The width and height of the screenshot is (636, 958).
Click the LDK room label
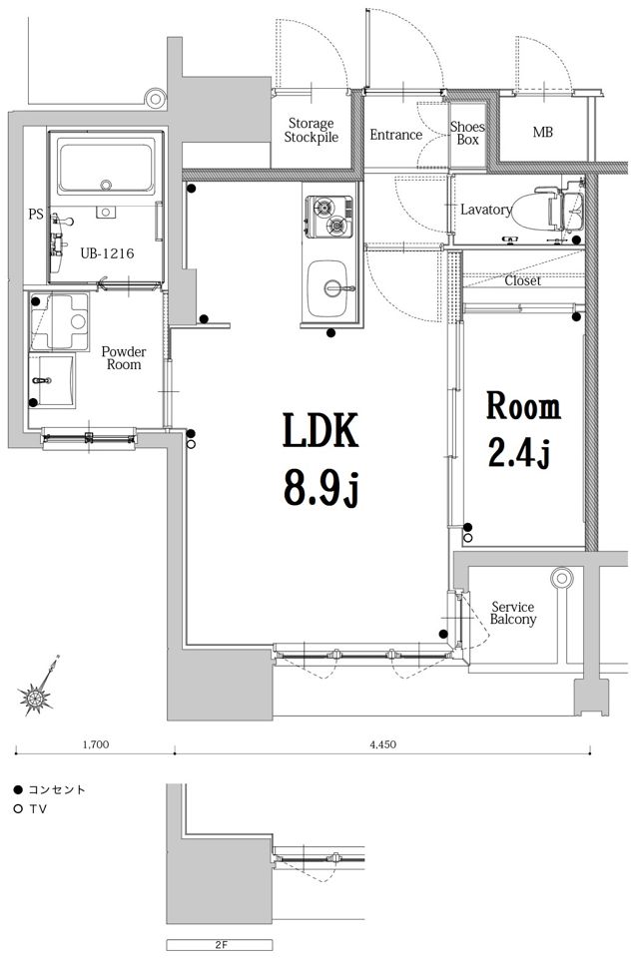[x=319, y=430]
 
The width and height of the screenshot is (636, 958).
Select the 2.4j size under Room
[x=520, y=453]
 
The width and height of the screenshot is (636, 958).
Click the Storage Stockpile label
[x=311, y=131]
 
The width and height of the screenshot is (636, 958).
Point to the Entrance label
[x=395, y=135]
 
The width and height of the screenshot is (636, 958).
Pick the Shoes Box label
[x=467, y=133]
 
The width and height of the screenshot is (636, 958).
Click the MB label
[x=542, y=132]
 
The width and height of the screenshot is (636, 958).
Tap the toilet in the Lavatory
[x=537, y=209]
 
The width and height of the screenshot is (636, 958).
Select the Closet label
[x=522, y=281]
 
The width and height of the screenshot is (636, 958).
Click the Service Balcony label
[x=513, y=613]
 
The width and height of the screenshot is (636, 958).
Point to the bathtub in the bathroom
[x=106, y=165]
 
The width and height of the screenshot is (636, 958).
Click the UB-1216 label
[x=107, y=252]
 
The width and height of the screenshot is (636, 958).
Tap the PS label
[x=36, y=214]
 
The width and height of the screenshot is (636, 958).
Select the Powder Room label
[x=124, y=358]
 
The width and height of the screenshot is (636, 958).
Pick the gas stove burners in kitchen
[x=329, y=217]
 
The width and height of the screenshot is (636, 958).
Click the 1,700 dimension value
[x=96, y=744]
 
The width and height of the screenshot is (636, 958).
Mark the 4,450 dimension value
[x=382, y=744]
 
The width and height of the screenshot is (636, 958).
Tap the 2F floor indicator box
[x=220, y=945]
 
